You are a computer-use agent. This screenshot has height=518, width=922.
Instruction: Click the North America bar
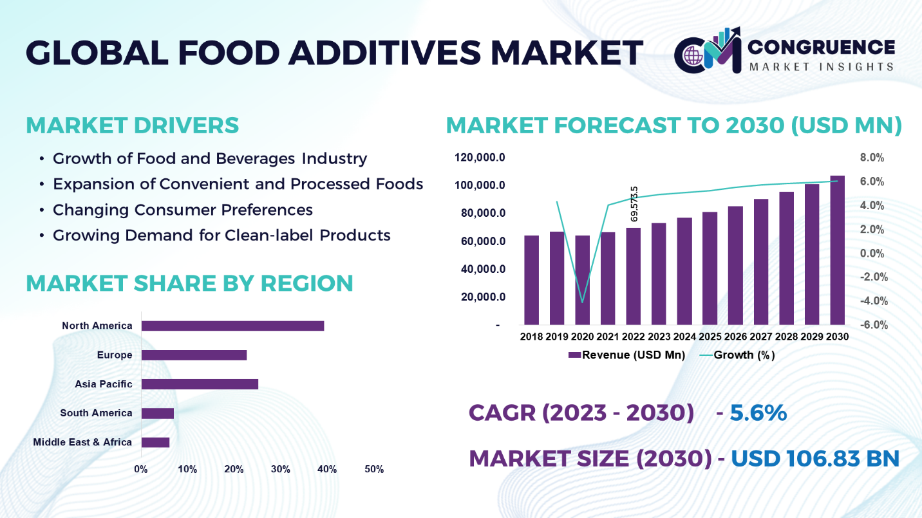[232, 326]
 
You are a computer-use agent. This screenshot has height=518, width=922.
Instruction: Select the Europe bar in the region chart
[194, 355]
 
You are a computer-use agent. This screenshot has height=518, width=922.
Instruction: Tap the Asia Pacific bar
[200, 384]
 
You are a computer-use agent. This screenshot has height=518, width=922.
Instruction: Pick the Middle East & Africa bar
[155, 442]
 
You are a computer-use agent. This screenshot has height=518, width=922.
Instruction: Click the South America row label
[96, 413]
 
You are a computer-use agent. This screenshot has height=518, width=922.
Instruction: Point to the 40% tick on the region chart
[327, 469]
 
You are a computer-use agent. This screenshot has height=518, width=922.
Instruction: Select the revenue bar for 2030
[837, 251]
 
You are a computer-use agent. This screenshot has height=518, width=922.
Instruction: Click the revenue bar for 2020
[583, 280]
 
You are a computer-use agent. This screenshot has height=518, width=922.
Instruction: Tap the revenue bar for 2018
[531, 280]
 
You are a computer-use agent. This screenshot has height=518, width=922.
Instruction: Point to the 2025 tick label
[710, 337]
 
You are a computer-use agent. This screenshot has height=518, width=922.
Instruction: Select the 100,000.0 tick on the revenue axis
[480, 186]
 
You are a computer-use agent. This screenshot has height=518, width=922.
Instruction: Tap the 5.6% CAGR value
[758, 412]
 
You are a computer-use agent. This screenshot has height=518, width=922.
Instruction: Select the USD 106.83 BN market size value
[815, 458]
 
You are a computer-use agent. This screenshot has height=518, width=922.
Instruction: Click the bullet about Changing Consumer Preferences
[183, 210]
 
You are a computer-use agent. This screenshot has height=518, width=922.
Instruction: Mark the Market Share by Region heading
[189, 283]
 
